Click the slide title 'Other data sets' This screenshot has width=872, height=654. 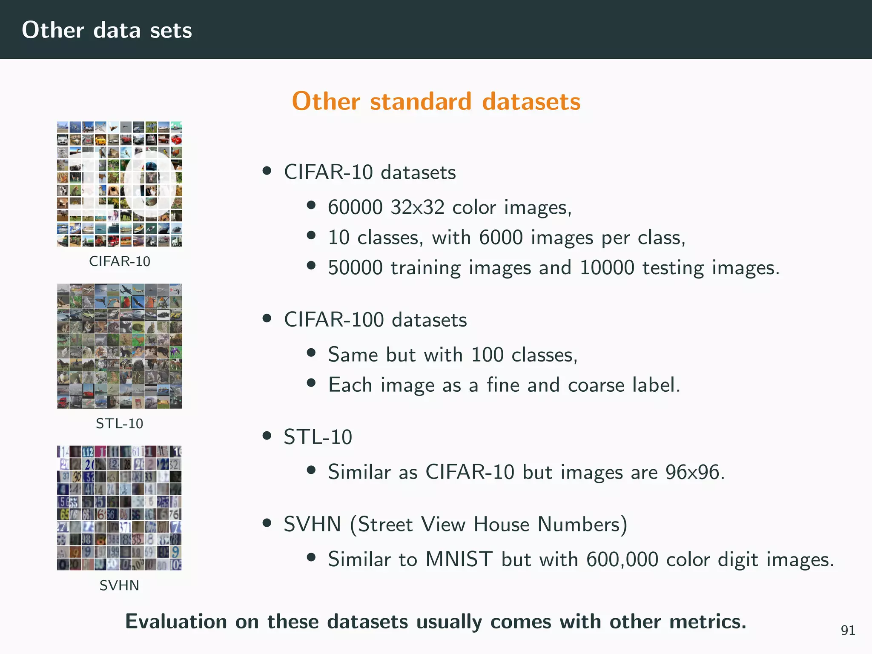coord(107,30)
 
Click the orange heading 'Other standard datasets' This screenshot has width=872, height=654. coord(436,101)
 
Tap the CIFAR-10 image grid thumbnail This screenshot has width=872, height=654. coord(120,184)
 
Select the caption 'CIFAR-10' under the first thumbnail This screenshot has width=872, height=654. coord(120,261)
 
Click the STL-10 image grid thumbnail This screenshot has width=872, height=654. coord(120,346)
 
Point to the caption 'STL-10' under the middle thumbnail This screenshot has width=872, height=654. coord(120,423)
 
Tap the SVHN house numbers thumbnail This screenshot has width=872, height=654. coord(120,508)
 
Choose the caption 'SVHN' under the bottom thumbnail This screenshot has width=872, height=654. coord(120,585)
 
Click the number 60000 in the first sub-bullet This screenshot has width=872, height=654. coord(355,208)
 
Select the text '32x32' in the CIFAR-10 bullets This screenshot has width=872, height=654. coord(417,208)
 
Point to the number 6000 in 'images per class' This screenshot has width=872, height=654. coord(501,238)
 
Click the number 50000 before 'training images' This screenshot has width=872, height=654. coord(355,268)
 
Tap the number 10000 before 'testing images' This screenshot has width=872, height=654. coord(607,268)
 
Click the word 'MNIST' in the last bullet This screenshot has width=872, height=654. coord(459,559)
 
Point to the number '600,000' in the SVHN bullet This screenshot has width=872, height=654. coord(622,559)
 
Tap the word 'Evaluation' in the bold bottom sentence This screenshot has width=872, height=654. coord(176,622)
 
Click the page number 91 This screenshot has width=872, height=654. coord(848,630)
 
